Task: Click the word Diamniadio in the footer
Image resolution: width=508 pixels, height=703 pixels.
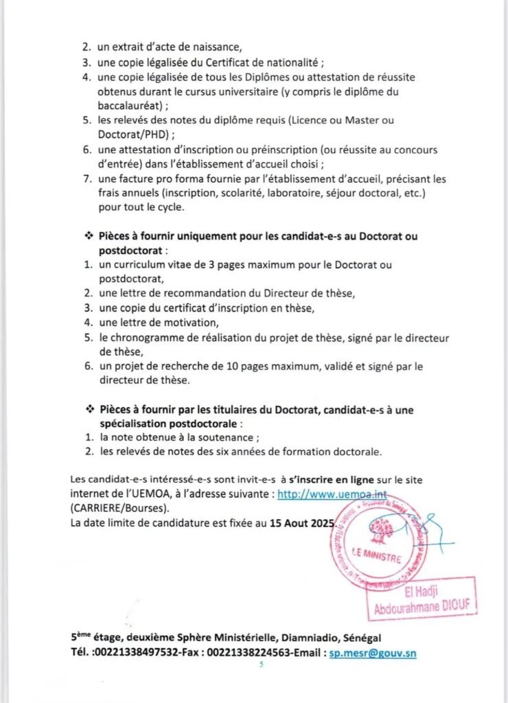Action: pyautogui.click(x=307, y=638)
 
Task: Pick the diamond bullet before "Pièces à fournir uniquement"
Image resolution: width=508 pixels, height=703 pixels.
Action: pyautogui.click(x=88, y=236)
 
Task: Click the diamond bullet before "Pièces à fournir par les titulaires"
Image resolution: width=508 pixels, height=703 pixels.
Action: pyautogui.click(x=88, y=409)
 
